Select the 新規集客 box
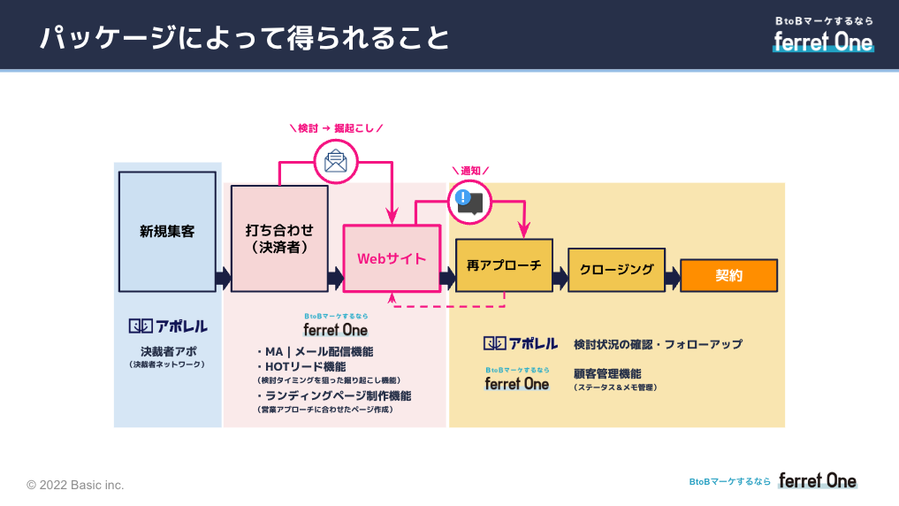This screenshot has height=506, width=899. pyautogui.click(x=167, y=232)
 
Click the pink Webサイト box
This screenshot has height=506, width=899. pyautogui.click(x=392, y=258)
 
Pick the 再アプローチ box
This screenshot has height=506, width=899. pyautogui.click(x=504, y=265)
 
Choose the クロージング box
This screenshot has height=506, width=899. pyautogui.click(x=616, y=269)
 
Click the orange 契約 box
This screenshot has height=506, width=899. pyautogui.click(x=728, y=275)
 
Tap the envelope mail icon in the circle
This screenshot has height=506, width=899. pyautogui.click(x=335, y=161)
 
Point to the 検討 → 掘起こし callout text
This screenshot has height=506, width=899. pyautogui.click(x=336, y=128)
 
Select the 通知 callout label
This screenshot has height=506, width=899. pyautogui.click(x=469, y=170)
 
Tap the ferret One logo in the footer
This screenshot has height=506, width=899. pyautogui.click(x=817, y=481)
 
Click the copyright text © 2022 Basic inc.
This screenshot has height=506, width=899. pyautogui.click(x=75, y=485)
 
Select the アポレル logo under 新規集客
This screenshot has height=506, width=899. pyautogui.click(x=167, y=326)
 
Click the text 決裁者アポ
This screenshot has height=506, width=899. pyautogui.click(x=167, y=351)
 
